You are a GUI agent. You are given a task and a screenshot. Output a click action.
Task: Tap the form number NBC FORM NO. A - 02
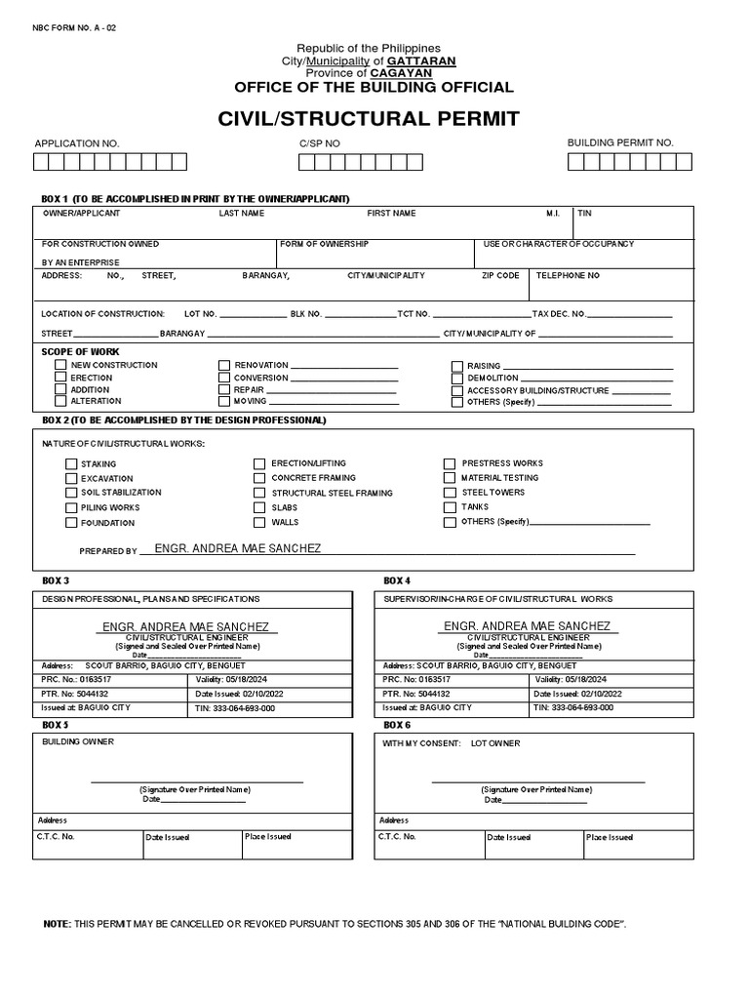(74, 27)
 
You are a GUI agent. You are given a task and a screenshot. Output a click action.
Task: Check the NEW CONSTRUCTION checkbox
(60, 365)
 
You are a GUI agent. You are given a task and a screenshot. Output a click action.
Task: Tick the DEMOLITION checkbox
(456, 378)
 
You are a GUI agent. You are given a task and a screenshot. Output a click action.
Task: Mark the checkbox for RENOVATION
(224, 365)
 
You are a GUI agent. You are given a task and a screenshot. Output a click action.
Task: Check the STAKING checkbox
(71, 464)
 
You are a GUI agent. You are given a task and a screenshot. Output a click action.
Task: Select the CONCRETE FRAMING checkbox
(259, 478)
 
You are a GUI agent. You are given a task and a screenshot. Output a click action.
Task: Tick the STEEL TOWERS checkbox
(450, 493)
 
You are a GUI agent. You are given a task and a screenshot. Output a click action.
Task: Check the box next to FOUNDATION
(71, 523)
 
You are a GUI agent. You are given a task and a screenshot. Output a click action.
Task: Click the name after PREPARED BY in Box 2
(237, 549)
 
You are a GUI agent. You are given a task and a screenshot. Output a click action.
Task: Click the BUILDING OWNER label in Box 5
(78, 742)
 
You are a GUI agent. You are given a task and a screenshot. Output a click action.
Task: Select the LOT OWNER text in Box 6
(495, 743)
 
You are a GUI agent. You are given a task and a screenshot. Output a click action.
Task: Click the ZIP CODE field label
(500, 276)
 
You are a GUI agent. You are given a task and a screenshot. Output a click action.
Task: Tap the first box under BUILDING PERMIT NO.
(575, 162)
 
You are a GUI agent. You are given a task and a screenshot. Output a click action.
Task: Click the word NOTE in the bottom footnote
(58, 923)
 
